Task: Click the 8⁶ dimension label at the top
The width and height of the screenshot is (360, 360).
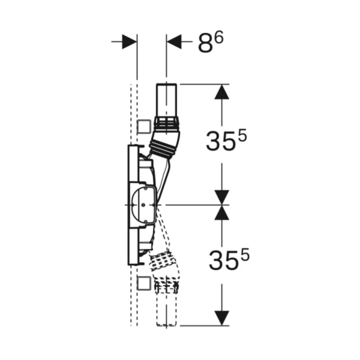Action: click(x=211, y=43)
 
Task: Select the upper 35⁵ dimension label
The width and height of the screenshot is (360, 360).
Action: click(x=226, y=140)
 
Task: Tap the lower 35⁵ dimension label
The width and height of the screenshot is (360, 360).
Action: click(x=229, y=260)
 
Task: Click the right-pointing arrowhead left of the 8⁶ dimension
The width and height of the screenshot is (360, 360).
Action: click(x=130, y=42)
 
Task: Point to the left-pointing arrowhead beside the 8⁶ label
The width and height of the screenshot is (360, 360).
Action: click(x=174, y=42)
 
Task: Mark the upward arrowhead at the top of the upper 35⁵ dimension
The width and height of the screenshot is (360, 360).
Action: click(x=222, y=92)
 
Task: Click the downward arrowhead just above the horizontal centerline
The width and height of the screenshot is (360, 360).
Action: click(x=222, y=197)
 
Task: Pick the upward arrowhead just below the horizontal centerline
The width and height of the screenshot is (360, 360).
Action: click(x=222, y=212)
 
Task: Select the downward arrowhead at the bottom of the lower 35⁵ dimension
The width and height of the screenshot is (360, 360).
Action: click(x=222, y=318)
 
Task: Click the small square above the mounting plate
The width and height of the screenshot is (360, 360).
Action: click(x=144, y=126)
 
